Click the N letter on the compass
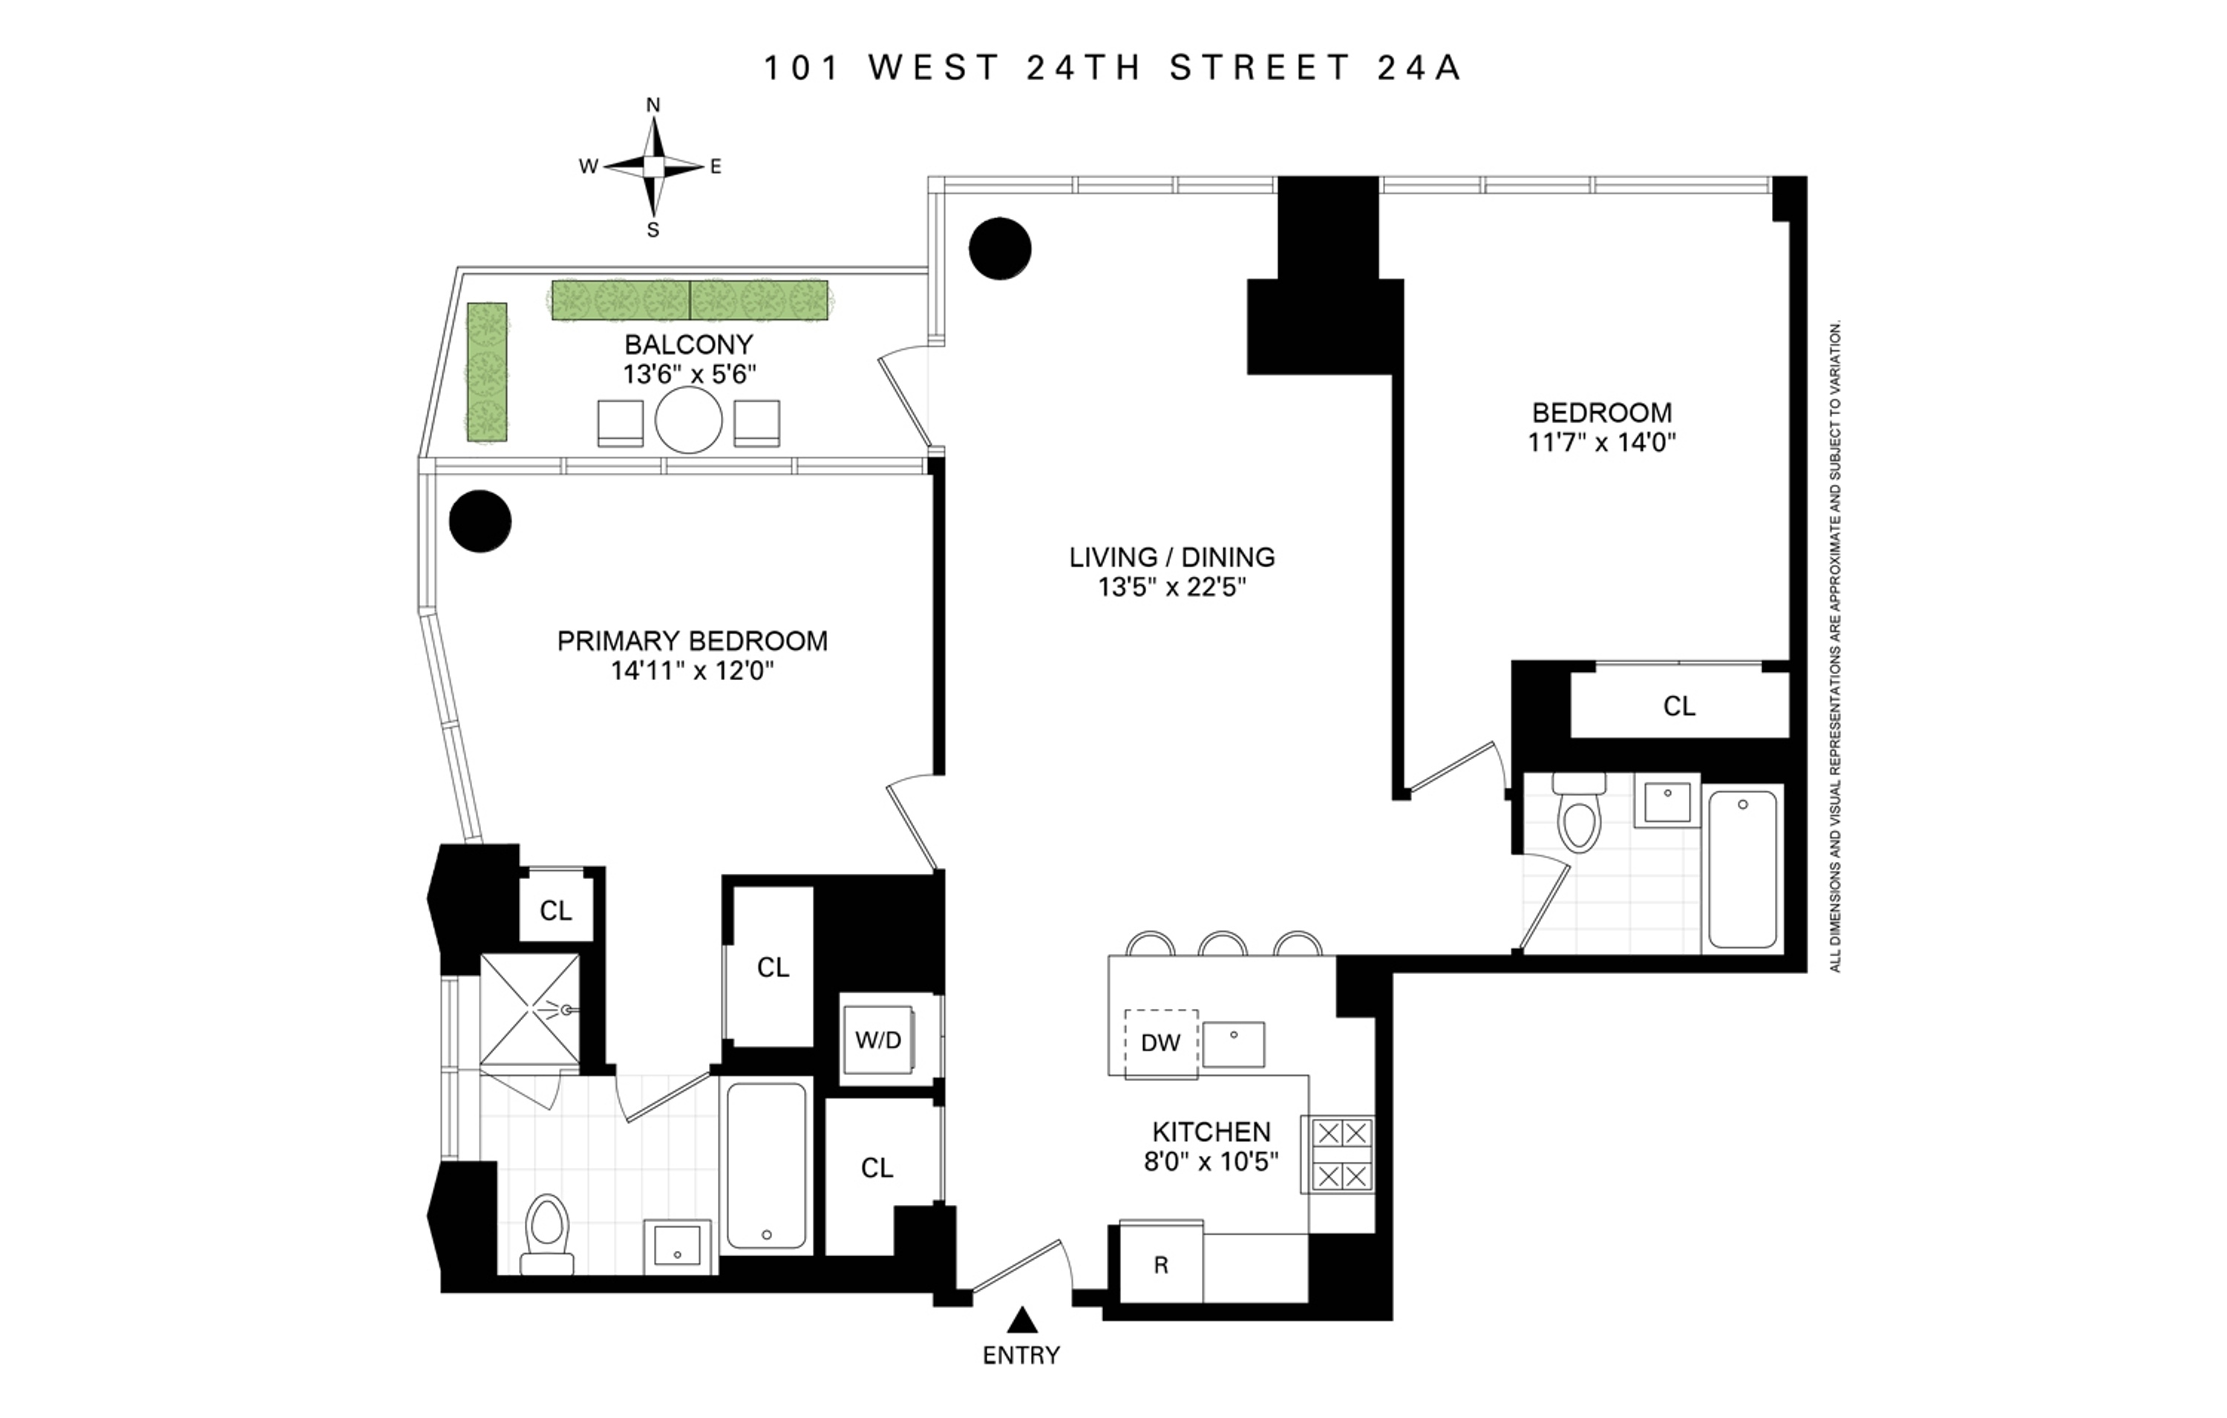tap(653, 105)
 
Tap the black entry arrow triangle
tap(1021, 1319)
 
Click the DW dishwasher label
tap(1161, 1043)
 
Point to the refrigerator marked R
tap(1162, 1265)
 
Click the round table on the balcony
tap(688, 421)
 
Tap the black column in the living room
tap(1000, 248)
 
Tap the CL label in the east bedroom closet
tap(1678, 707)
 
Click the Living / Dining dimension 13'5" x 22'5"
tap(1171, 587)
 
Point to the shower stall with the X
tap(530, 1010)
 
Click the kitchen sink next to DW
tap(1233, 1045)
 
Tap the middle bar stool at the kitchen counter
tap(1223, 944)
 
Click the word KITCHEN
tap(1211, 1131)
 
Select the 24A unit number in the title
tap(1419, 68)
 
